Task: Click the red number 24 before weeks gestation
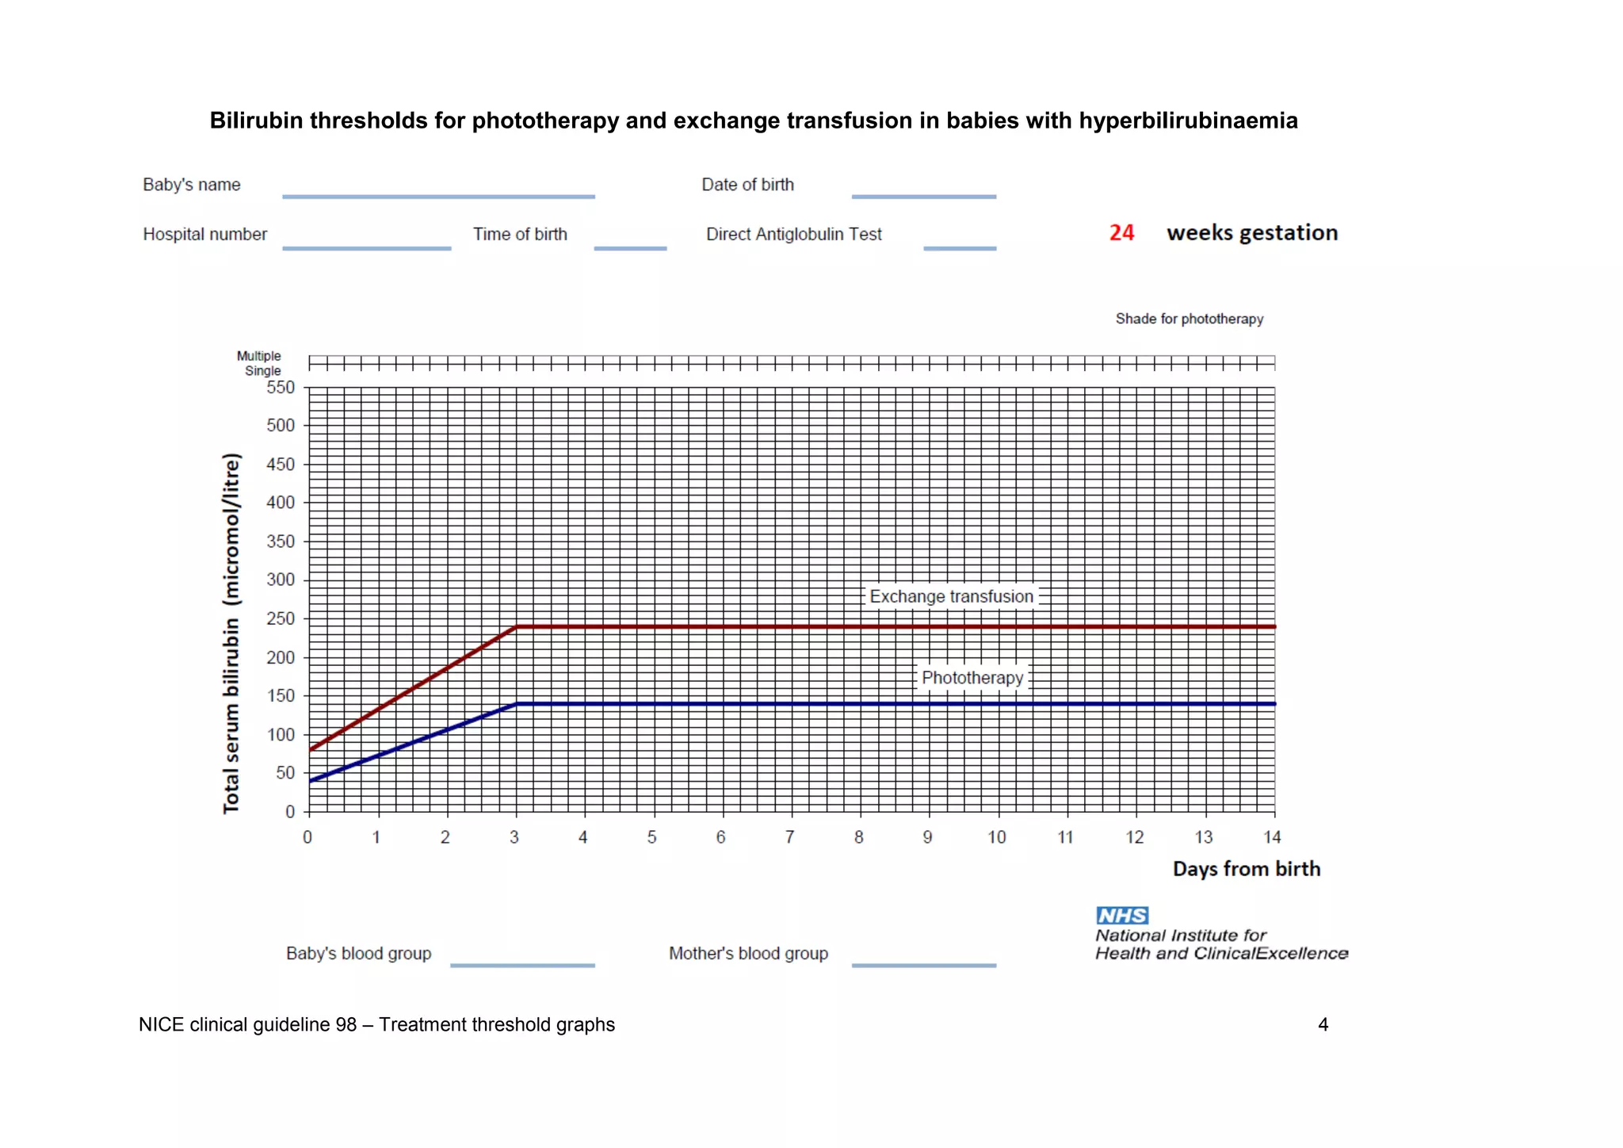(1121, 232)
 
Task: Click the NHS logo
(1122, 916)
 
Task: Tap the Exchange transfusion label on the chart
(951, 596)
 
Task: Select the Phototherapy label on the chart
(972, 678)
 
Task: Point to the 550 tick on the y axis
(281, 388)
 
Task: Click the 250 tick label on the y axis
(281, 618)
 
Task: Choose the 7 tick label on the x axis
(789, 837)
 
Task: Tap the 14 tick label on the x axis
(1271, 837)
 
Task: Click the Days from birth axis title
(1246, 869)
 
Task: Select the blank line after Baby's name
(438, 196)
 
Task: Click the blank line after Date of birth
(923, 196)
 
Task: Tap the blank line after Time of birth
(630, 248)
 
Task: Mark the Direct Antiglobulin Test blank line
(959, 248)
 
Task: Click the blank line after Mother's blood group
(923, 965)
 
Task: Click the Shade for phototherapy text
(1189, 319)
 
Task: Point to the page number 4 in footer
(1323, 1024)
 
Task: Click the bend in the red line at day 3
(517, 627)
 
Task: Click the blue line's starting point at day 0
(310, 781)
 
